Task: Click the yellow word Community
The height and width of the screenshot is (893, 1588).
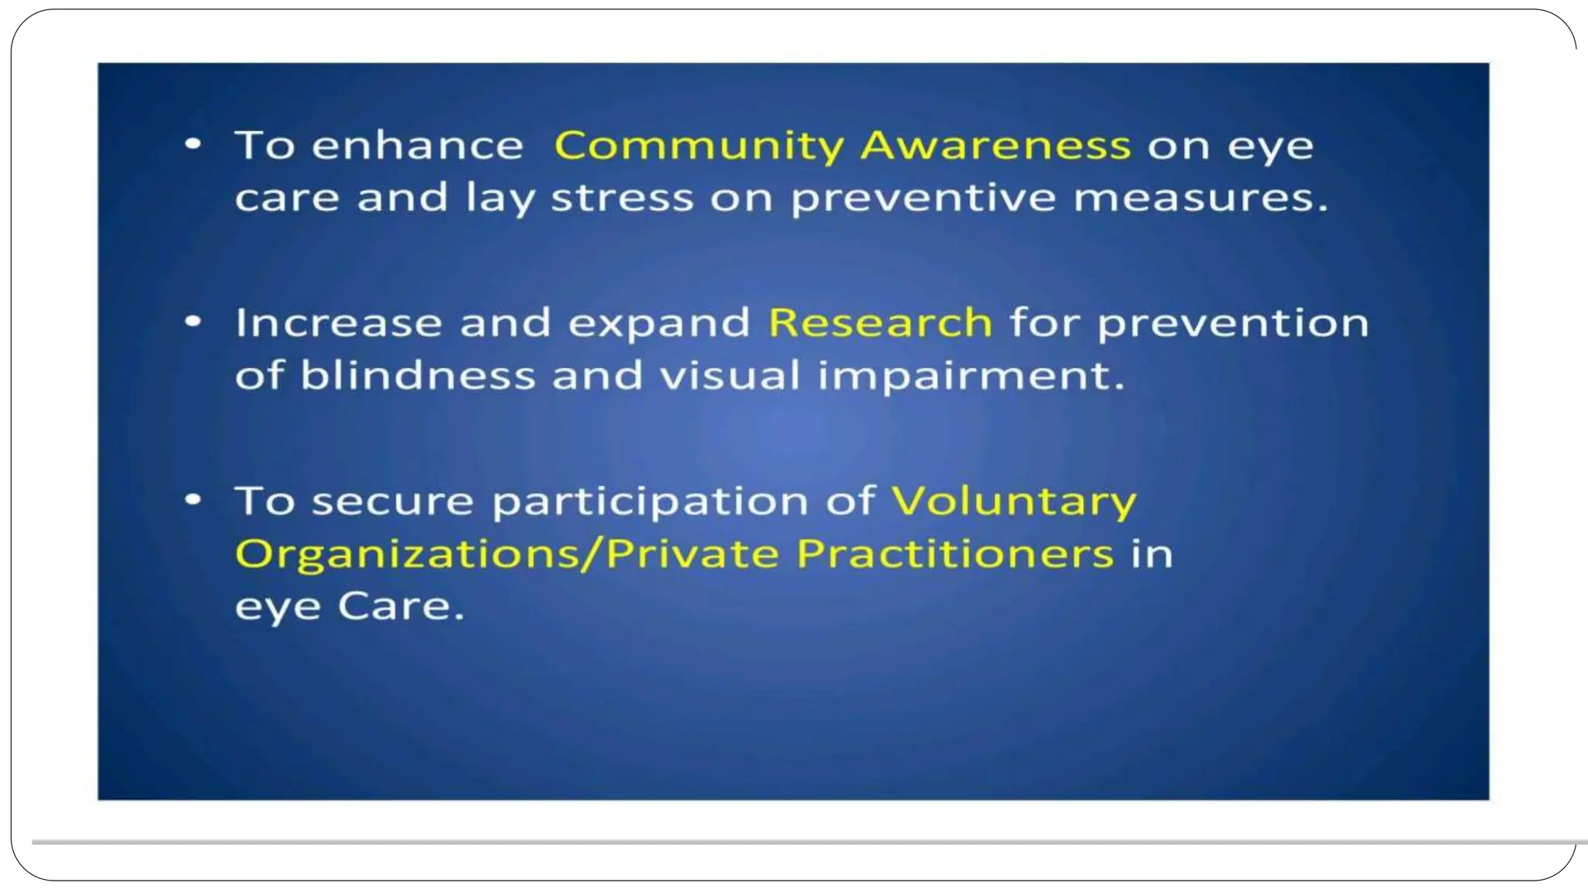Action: (698, 147)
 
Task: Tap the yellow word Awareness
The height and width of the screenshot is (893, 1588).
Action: (996, 145)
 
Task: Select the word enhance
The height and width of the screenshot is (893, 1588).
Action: (417, 145)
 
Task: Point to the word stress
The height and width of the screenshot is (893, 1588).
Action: (622, 198)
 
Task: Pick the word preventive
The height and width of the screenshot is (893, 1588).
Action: (923, 199)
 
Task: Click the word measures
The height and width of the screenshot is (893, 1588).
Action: (1200, 198)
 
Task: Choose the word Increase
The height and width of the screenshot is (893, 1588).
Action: (338, 322)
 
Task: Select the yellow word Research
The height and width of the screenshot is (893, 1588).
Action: (880, 322)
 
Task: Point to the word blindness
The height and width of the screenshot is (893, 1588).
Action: (417, 375)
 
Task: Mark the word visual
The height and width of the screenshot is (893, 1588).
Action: (729, 375)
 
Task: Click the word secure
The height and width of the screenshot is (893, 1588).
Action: (392, 501)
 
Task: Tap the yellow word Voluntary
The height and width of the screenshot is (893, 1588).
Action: (1013, 502)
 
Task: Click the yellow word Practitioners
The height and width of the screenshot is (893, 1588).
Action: (955, 553)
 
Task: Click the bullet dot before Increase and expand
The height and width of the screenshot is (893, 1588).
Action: (193, 321)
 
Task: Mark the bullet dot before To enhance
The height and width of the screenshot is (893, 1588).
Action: (193, 143)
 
